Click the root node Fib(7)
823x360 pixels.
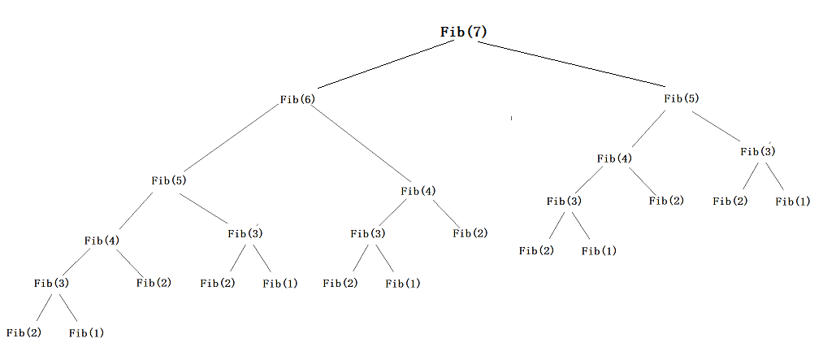pyautogui.click(x=464, y=32)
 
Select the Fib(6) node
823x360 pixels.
pyautogui.click(x=297, y=99)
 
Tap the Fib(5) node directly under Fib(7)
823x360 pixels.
pyautogui.click(x=681, y=98)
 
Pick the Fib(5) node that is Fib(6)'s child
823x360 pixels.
pyautogui.click(x=169, y=180)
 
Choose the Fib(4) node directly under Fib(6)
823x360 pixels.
pyautogui.click(x=418, y=191)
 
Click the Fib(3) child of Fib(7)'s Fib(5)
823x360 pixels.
pyautogui.click(x=758, y=151)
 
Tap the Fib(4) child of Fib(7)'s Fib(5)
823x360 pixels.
pyautogui.click(x=614, y=158)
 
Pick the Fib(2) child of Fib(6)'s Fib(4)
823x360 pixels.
pyautogui.click(x=470, y=234)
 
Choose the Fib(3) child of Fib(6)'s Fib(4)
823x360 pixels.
pyautogui.click(x=368, y=234)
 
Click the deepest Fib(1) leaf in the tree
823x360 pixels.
pyautogui.click(x=86, y=332)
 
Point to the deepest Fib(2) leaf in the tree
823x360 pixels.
pyautogui.click(x=24, y=332)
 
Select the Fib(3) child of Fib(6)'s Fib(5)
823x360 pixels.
pyautogui.click(x=245, y=234)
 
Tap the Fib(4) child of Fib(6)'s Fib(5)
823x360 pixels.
pyautogui.click(x=102, y=241)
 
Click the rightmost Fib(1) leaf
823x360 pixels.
pyautogui.click(x=792, y=201)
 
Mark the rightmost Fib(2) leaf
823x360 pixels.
pyautogui.click(x=730, y=201)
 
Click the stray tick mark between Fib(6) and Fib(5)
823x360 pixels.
pyautogui.click(x=511, y=119)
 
